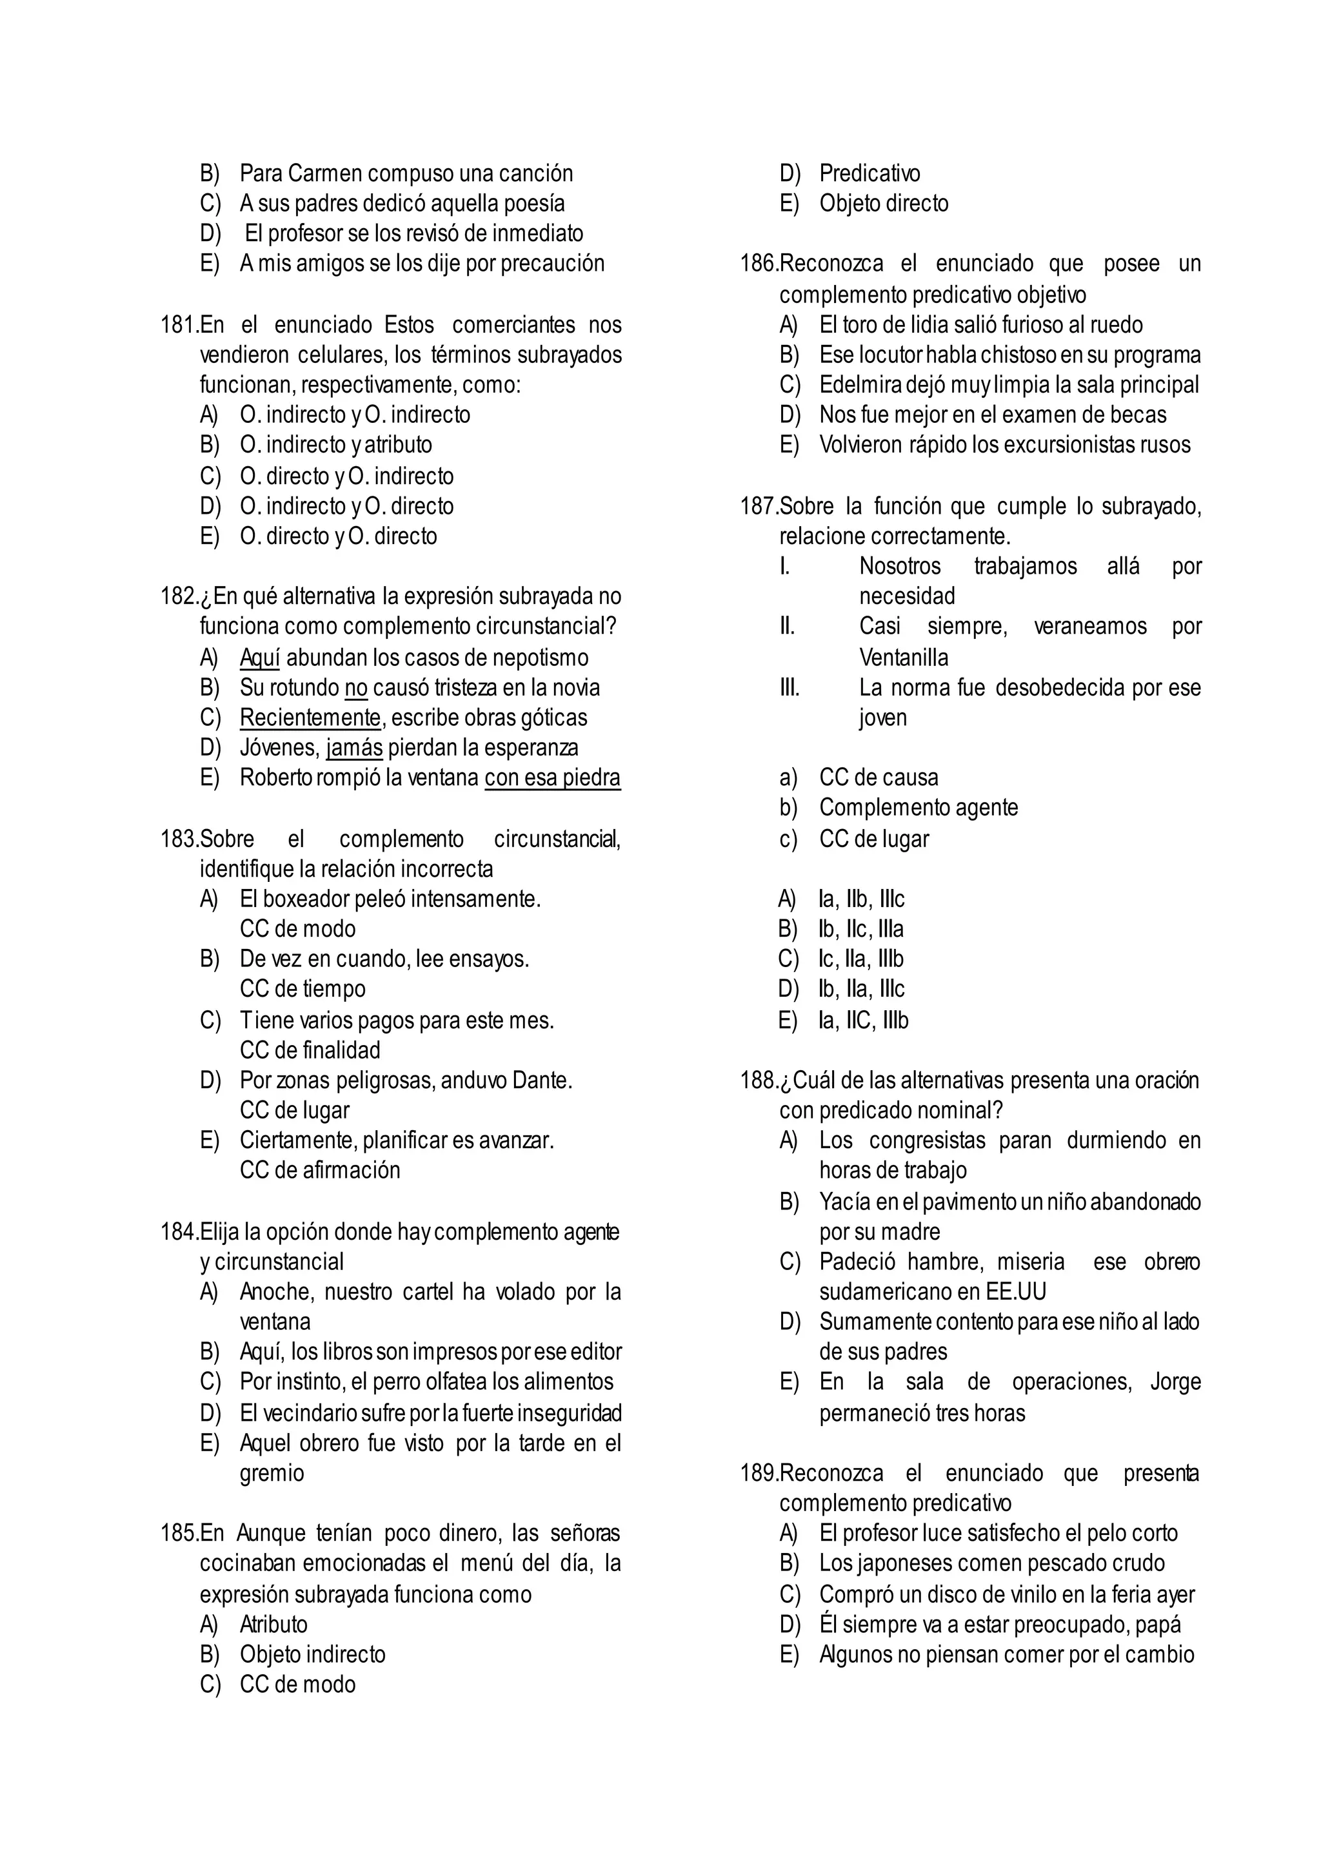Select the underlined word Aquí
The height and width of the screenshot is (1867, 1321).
pos(259,658)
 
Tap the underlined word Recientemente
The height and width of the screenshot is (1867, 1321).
pos(310,718)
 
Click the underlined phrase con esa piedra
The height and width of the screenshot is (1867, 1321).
pos(552,778)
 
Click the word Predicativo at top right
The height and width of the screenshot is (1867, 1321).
pos(869,174)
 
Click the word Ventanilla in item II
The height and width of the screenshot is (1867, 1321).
pos(904,658)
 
